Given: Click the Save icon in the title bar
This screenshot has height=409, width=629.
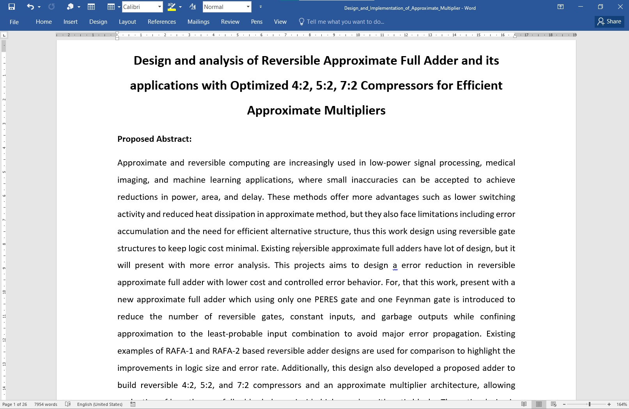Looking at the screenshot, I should tap(12, 7).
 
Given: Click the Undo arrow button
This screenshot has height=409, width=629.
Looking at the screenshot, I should tap(30, 7).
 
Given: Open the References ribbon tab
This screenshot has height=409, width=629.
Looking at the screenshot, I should tap(161, 22).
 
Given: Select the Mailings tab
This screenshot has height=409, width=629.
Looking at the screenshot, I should tap(198, 22).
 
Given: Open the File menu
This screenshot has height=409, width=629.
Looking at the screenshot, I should tap(14, 22).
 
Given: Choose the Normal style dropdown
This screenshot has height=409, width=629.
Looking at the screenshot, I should tap(224, 7).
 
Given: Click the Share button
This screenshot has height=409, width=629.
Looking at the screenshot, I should tap(610, 22).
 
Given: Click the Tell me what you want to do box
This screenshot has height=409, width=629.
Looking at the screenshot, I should tap(345, 22).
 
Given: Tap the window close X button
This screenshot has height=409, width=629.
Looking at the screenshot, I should tap(620, 7).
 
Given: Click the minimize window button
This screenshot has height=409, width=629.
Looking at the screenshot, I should tap(580, 7).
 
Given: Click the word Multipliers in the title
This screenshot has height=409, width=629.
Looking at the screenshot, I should tap(354, 110).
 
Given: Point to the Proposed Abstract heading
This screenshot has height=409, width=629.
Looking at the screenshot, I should tap(154, 139).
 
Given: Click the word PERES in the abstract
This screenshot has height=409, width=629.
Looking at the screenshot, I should tap(326, 300).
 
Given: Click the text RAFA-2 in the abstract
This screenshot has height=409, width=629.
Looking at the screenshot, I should tap(226, 351).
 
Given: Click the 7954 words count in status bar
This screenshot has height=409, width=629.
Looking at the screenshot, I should tap(46, 404).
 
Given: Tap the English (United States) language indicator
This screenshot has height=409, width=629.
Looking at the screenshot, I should tap(100, 404).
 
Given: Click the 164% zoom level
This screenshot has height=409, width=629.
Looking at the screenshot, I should tap(622, 404).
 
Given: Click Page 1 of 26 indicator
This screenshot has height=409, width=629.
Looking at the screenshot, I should tap(15, 404).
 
